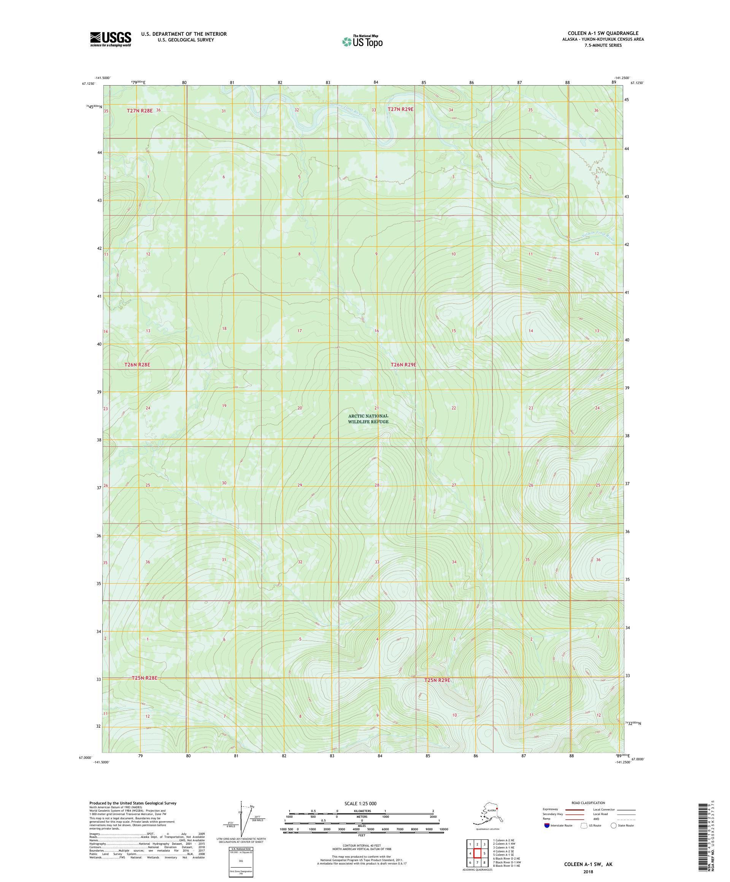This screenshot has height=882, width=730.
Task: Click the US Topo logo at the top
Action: pyautogui.click(x=362, y=41)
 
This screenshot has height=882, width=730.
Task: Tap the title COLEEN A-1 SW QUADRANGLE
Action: pyautogui.click(x=603, y=33)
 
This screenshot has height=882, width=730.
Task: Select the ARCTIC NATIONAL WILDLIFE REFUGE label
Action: pyautogui.click(x=368, y=419)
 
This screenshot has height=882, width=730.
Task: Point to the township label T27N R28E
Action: pyautogui.click(x=140, y=111)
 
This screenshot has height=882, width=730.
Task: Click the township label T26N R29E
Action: pyautogui.click(x=403, y=365)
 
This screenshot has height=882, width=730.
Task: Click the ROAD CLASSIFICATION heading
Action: pyautogui.click(x=588, y=803)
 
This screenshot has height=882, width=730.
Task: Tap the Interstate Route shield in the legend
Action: pyautogui.click(x=546, y=825)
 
